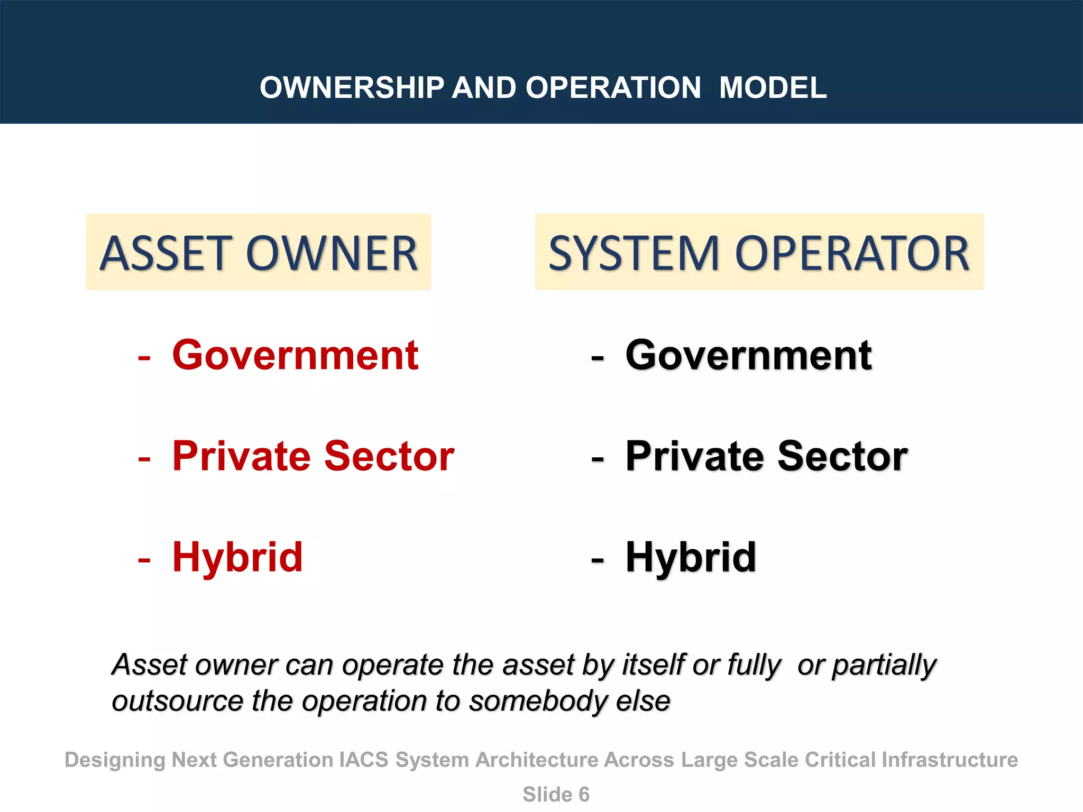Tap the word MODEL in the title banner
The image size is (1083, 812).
(x=773, y=88)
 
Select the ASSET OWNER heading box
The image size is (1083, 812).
(x=259, y=252)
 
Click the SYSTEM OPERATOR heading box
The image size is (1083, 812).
(x=759, y=252)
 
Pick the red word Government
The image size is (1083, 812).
(x=295, y=355)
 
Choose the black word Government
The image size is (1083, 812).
(x=748, y=355)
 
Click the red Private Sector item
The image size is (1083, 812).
(x=313, y=456)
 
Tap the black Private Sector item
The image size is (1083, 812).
(x=766, y=456)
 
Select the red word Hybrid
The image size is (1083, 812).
(x=237, y=557)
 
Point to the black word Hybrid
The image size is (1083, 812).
(x=691, y=557)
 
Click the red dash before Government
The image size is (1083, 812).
(x=144, y=358)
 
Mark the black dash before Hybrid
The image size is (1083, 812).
(x=598, y=560)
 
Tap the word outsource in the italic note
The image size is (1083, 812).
(x=177, y=702)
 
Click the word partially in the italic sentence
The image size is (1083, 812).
(x=884, y=666)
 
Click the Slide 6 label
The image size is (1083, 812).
(x=556, y=794)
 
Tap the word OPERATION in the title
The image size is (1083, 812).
(x=613, y=88)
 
